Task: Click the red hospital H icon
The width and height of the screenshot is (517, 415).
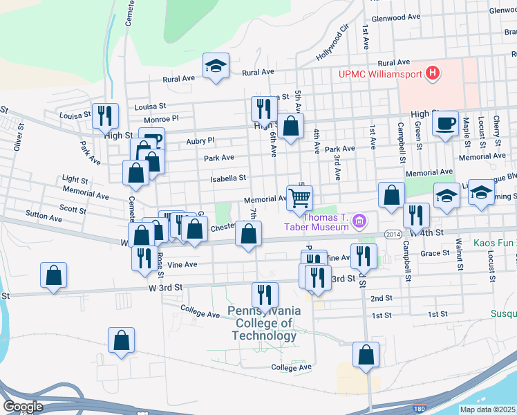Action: [433, 73]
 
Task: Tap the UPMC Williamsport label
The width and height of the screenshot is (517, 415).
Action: [379, 74]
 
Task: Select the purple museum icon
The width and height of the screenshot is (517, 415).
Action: [359, 221]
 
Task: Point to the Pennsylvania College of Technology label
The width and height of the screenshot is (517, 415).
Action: [266, 324]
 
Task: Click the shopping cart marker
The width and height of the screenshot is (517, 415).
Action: [299, 197]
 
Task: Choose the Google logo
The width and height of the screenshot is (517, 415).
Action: [23, 407]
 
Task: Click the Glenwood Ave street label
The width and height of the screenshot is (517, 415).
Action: [396, 18]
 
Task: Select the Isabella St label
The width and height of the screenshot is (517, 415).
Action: [229, 178]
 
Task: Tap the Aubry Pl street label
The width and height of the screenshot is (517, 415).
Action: [200, 140]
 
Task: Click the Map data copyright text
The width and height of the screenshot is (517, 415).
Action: [487, 409]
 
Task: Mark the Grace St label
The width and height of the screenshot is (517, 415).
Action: [435, 253]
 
